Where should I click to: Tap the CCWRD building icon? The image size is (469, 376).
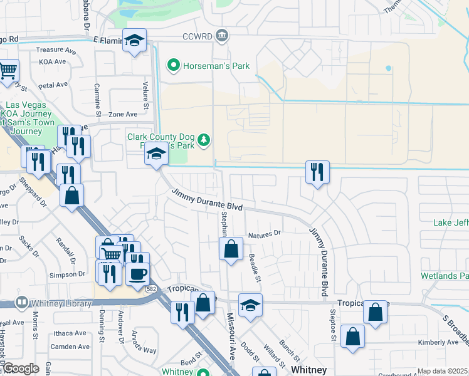[221, 36]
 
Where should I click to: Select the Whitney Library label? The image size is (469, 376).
[61, 303]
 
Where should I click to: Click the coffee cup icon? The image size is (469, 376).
[137, 273]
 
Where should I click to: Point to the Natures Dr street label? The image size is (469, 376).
[265, 234]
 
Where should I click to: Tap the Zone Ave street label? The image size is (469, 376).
[123, 114]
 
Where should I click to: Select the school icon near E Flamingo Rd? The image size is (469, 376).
[134, 41]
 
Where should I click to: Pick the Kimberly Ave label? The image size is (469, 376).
[439, 342]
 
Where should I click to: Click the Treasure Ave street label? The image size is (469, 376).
[60, 50]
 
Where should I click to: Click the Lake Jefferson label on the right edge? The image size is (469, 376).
[451, 222]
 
